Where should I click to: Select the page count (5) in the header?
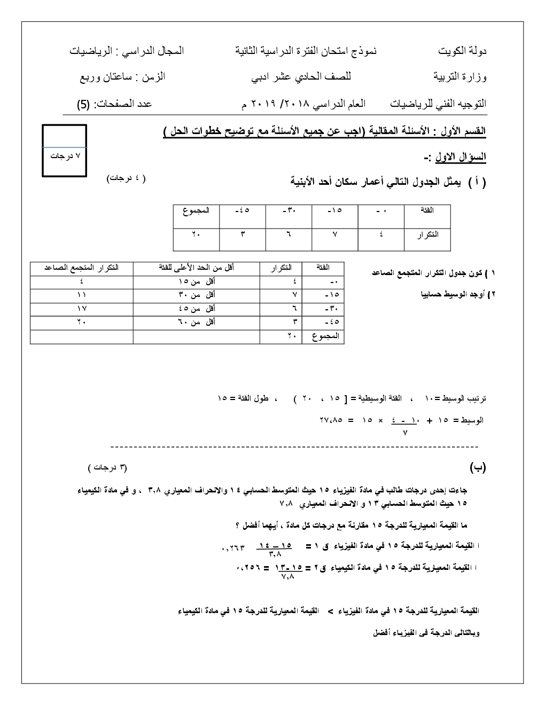click(x=83, y=104)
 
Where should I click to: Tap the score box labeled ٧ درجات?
click(x=64, y=156)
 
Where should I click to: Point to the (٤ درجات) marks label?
click(x=126, y=178)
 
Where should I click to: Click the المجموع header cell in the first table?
click(x=196, y=211)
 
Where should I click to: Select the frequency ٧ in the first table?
click(x=335, y=234)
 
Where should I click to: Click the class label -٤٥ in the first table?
click(x=243, y=211)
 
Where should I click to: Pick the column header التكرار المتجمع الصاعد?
click(x=82, y=268)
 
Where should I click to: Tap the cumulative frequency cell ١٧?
click(x=82, y=309)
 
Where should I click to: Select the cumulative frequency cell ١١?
click(x=82, y=295)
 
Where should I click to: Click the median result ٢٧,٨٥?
click(x=331, y=420)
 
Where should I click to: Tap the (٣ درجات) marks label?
click(x=108, y=468)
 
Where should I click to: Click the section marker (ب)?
click(x=478, y=468)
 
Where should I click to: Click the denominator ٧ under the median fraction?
click(x=404, y=433)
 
